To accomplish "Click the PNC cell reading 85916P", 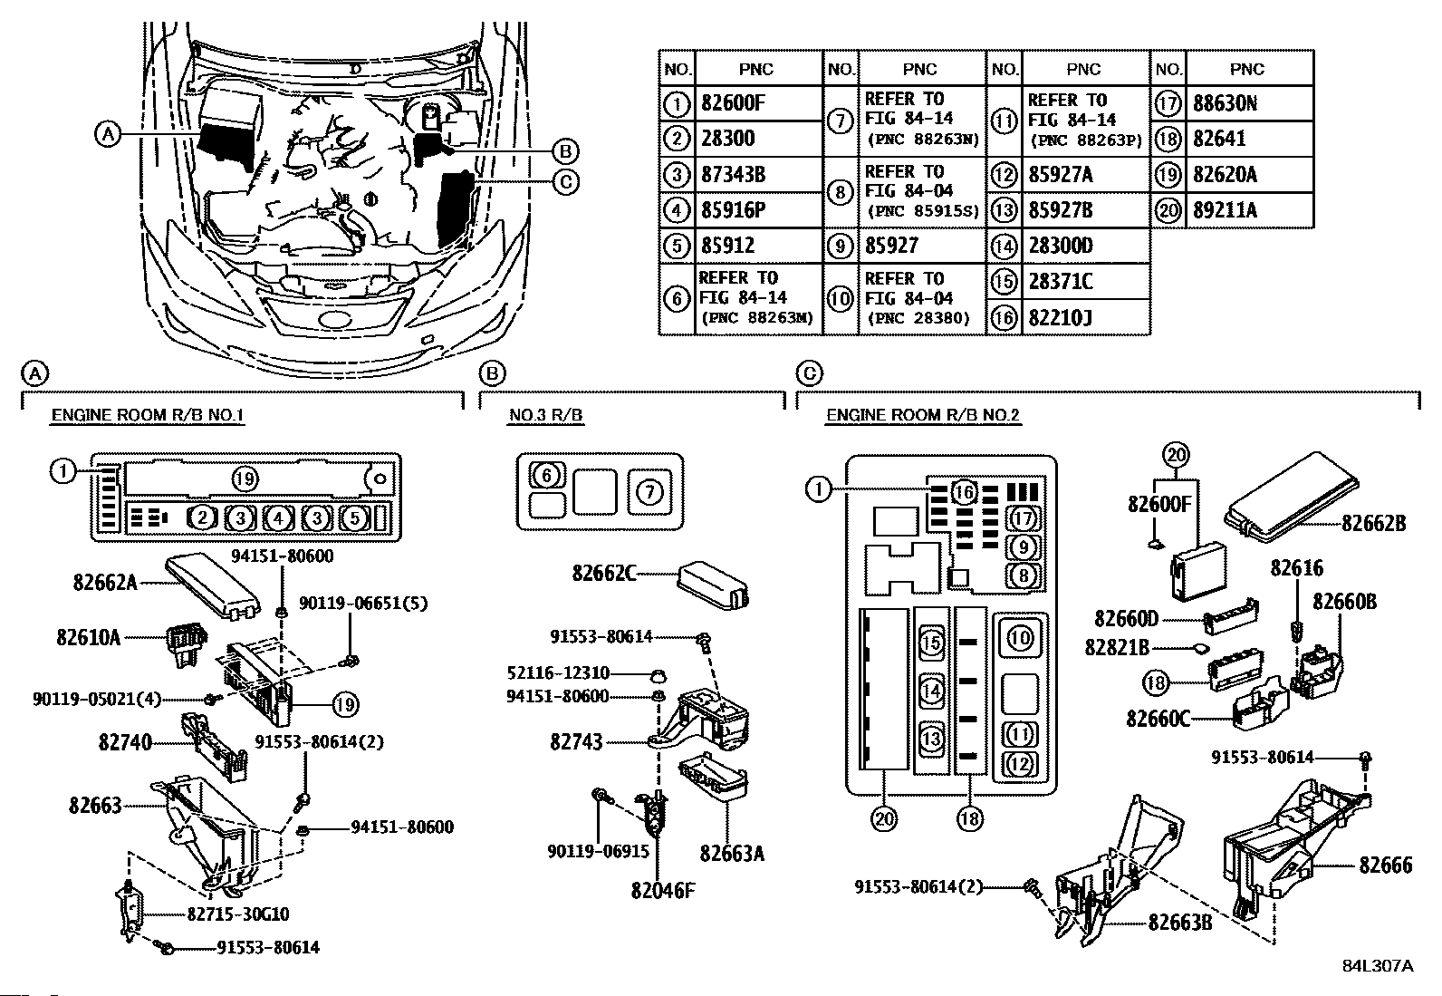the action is [x=733, y=210].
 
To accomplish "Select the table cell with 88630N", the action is [x=1225, y=103].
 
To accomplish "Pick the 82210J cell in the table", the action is [x=1061, y=317].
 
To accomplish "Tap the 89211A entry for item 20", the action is [x=1225, y=210].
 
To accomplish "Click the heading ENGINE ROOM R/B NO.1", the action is [x=148, y=416].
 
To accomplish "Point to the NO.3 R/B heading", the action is [x=546, y=416].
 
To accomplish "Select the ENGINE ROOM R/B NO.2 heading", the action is [x=923, y=416].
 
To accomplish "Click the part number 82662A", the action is [x=105, y=583].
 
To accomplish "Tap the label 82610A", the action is [x=88, y=637].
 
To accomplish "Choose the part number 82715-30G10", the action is [x=238, y=914].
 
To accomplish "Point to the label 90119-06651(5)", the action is [x=363, y=604].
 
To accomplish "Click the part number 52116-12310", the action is [x=558, y=673].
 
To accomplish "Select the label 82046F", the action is [x=663, y=890].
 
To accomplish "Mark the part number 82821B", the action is [x=1117, y=647].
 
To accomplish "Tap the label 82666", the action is [x=1386, y=865].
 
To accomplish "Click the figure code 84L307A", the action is [x=1378, y=966].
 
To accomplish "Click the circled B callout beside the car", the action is [x=566, y=151].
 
